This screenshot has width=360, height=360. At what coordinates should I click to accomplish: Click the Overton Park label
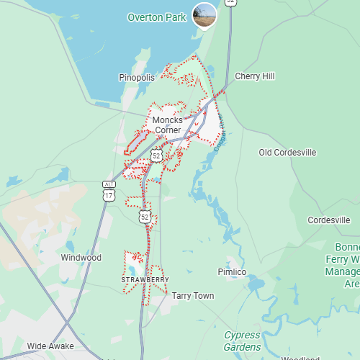156,17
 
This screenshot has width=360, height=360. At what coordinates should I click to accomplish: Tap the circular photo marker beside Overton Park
204,15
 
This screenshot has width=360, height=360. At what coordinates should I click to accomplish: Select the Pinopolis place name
137,77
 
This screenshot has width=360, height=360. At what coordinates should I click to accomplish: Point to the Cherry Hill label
255,76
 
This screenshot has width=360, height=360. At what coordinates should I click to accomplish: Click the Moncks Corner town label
167,125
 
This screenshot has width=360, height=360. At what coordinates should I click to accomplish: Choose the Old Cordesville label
287,153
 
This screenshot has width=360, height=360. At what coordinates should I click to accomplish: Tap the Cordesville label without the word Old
328,220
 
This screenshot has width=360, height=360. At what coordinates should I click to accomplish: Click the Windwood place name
81,258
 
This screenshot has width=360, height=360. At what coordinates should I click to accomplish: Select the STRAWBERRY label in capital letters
145,279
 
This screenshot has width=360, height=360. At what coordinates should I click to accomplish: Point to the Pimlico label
232,272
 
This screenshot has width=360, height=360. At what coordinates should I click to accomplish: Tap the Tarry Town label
192,296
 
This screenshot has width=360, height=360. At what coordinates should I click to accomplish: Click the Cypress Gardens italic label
242,341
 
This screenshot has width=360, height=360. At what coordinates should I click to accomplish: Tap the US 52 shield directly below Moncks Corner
156,155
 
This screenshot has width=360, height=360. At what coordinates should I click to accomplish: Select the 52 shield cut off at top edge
230,2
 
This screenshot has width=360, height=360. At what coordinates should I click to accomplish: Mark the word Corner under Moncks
167,130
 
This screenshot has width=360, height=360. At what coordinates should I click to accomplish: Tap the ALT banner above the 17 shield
109,185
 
